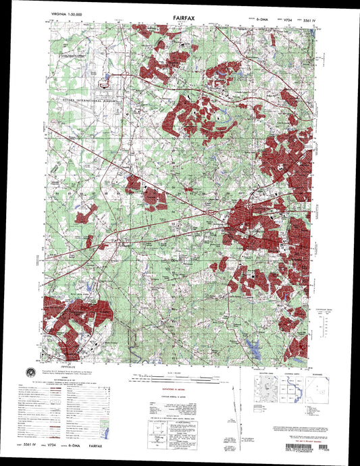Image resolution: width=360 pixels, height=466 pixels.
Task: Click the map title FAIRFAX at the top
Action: click(x=179, y=20)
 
